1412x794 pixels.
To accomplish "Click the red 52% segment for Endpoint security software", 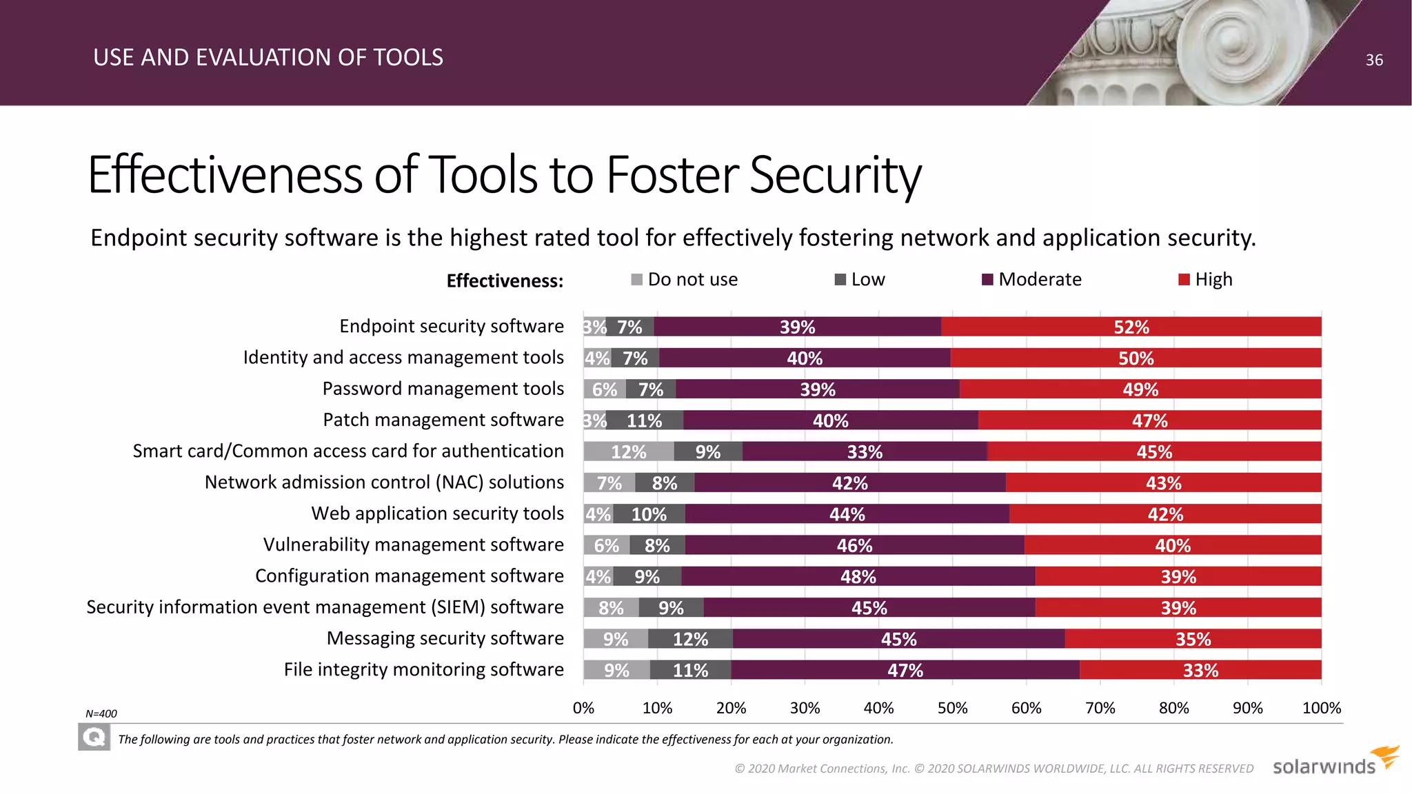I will [x=1131, y=327].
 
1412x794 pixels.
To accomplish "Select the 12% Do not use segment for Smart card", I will [x=628, y=451].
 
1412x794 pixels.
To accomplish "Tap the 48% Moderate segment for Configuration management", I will [x=858, y=576].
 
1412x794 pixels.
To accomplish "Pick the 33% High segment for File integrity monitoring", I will [x=1200, y=670].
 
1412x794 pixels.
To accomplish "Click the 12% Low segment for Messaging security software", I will [x=690, y=639].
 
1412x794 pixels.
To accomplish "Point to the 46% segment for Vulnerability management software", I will [x=854, y=545].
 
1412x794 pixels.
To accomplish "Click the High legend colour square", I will [x=1184, y=280].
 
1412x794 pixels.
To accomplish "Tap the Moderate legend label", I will [x=1039, y=280].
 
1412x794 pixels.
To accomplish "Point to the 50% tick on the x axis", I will [x=952, y=708].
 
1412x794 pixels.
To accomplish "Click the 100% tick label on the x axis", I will [x=1321, y=708].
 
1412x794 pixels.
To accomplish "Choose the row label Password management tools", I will [x=443, y=389].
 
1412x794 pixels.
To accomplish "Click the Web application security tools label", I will [x=437, y=513].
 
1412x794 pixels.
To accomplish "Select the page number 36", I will [x=1374, y=60].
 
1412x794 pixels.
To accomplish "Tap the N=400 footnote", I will [x=101, y=713].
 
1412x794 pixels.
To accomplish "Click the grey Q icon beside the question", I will [x=94, y=738].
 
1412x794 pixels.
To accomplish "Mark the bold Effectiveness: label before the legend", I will [x=505, y=281].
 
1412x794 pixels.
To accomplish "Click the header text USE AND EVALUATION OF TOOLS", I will [x=268, y=57].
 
